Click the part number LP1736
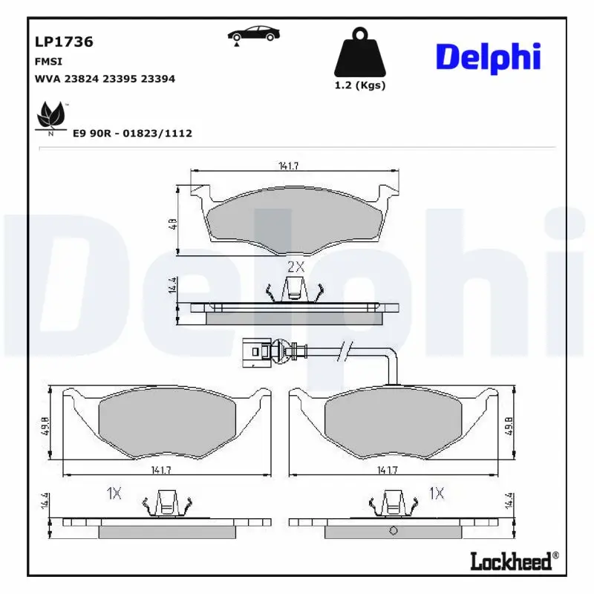click(64, 42)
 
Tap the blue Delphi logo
click(489, 58)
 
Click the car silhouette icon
click(253, 34)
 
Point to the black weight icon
click(360, 52)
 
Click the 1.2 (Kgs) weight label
click(360, 85)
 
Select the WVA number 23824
click(82, 79)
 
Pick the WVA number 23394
click(158, 79)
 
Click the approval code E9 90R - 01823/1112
click(133, 134)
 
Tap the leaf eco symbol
click(50, 115)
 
